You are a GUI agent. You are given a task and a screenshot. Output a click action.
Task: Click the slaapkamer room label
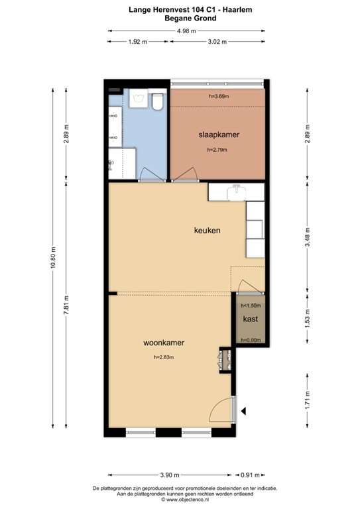[x=219, y=135]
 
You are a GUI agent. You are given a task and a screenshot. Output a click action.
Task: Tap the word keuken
[x=207, y=231]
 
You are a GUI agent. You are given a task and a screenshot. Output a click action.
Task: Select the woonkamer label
[x=164, y=343]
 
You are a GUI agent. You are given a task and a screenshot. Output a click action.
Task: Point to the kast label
[x=250, y=319]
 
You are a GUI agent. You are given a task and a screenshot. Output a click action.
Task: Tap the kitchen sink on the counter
[x=237, y=192]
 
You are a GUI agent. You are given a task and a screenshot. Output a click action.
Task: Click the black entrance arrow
[x=243, y=411]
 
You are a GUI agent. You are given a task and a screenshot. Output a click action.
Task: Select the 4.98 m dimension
[x=186, y=30]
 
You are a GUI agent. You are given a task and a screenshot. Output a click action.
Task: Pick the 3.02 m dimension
[x=217, y=42]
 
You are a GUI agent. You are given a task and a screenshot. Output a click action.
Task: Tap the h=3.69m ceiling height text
[x=218, y=97]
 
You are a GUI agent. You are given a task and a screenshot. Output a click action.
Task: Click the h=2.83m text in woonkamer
[x=163, y=358]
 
